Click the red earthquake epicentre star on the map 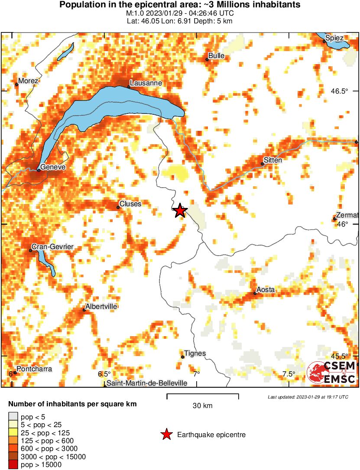180,211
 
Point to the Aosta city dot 255,294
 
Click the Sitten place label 273,160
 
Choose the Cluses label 130,204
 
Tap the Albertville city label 102,306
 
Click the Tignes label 195,353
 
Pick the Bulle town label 216,56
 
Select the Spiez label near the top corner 335,38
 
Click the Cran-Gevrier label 52,247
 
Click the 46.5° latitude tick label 340,91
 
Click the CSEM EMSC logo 331,373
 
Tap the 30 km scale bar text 202,406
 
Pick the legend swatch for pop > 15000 12,465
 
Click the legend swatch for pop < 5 12,417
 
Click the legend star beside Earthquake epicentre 166,434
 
